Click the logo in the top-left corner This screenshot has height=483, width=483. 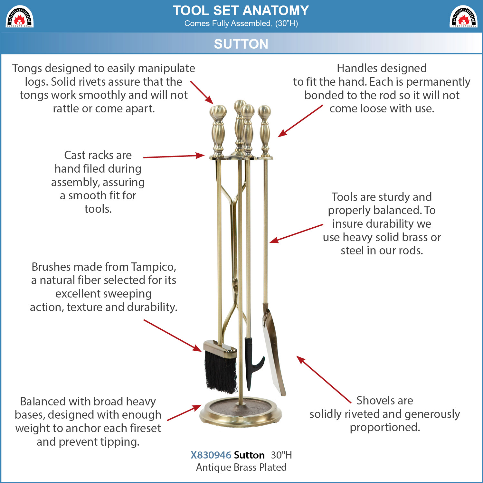pyautogui.click(x=20, y=16)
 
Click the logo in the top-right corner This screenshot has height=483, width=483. pyautogui.click(x=463, y=16)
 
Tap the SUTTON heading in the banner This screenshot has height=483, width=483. pyautogui.click(x=241, y=44)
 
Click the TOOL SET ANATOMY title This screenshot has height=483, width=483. pyautogui.click(x=241, y=11)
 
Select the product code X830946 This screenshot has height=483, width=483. pyautogui.click(x=211, y=455)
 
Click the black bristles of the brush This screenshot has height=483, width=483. pyautogui.click(x=221, y=372)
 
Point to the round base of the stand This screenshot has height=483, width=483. pyautogui.click(x=241, y=413)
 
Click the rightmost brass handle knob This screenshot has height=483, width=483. pyautogui.click(x=264, y=112)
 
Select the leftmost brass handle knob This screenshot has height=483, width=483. pyautogui.click(x=218, y=112)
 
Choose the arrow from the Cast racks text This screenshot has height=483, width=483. pyautogui.click(x=174, y=156)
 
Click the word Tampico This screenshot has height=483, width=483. pyautogui.click(x=154, y=267)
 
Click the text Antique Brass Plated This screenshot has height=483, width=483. pyautogui.click(x=241, y=467)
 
